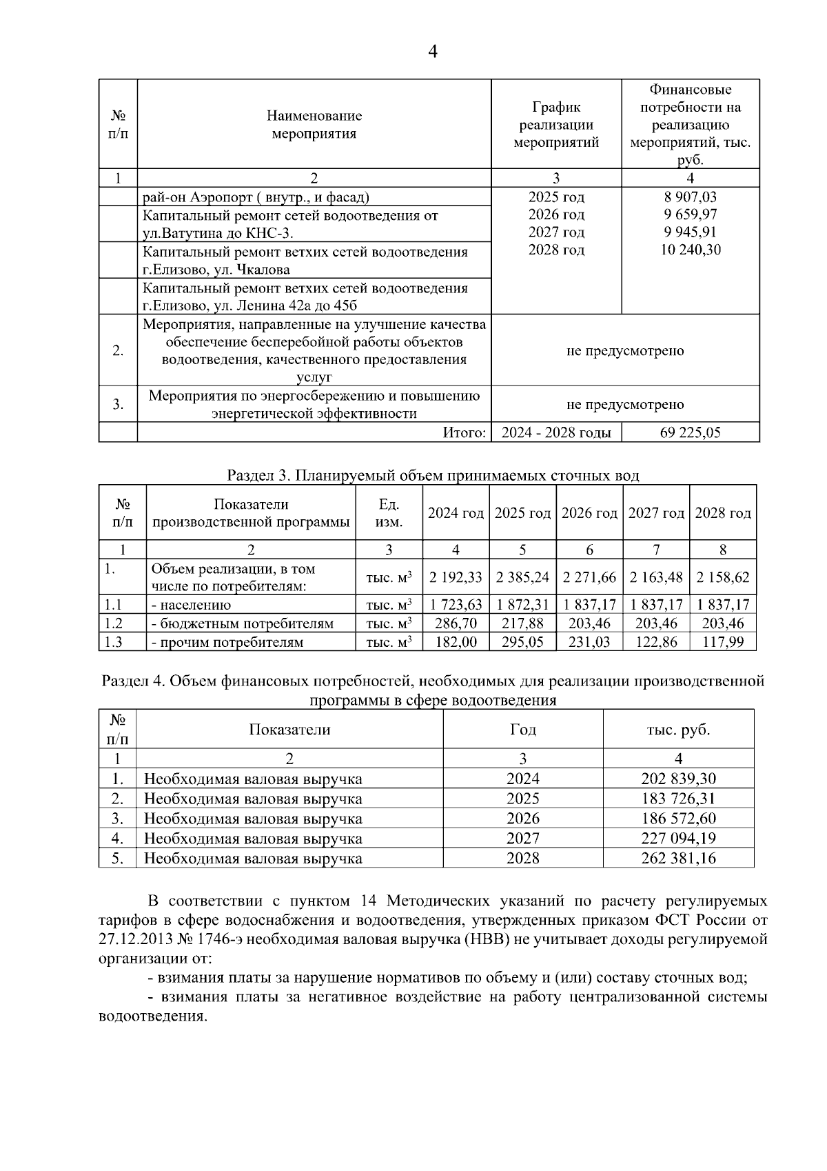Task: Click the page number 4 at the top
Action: [433, 52]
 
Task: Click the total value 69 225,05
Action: [690, 433]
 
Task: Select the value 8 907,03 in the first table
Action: [690, 197]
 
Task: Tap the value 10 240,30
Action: [690, 250]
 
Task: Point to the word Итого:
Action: [464, 433]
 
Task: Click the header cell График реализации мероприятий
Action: [556, 125]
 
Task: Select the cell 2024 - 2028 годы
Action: [556, 433]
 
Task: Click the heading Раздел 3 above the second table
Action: [432, 476]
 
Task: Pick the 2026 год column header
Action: [589, 513]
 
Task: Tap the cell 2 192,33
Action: [456, 577]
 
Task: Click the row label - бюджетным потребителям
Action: [242, 623]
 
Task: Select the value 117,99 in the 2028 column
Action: [723, 642]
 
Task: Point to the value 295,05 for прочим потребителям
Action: [522, 642]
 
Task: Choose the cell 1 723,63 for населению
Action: [456, 605]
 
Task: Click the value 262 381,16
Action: [678, 858]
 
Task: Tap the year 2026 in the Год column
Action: [522, 819]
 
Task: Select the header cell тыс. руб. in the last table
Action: [678, 730]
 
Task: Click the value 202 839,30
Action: [678, 779]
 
